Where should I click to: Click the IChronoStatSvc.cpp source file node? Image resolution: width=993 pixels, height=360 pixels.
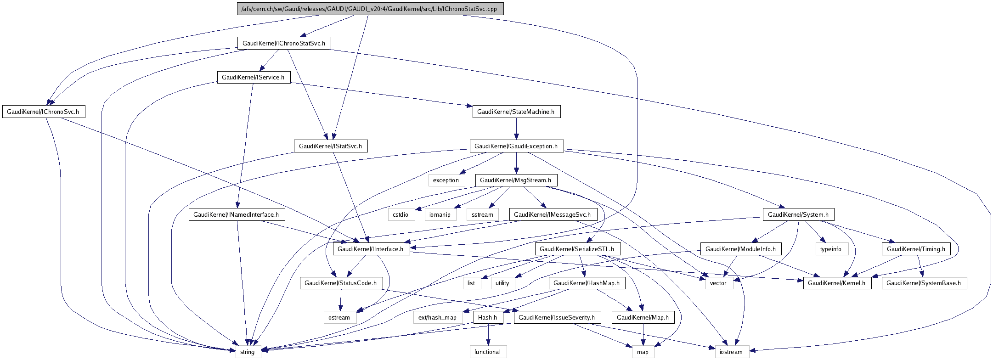[x=370, y=9]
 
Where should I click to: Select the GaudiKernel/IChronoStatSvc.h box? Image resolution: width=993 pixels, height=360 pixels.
[x=283, y=43]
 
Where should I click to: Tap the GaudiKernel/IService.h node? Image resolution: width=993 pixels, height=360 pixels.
[x=253, y=77]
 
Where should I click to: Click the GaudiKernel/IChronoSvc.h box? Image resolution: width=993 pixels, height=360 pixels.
[x=43, y=112]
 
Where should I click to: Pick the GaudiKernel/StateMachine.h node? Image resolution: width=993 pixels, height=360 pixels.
[x=516, y=112]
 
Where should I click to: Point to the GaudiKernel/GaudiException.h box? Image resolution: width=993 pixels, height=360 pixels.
[x=516, y=146]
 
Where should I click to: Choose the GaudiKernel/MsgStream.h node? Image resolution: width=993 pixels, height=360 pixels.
[x=515, y=180]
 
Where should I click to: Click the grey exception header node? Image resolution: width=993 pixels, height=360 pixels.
[x=446, y=180]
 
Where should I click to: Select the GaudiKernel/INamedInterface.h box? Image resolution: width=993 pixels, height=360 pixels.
[x=236, y=214]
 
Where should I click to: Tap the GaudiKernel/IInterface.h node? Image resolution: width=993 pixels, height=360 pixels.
[x=371, y=249]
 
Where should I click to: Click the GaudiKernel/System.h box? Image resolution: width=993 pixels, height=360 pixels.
[x=798, y=214]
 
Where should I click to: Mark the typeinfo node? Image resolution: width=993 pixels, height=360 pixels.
[x=831, y=249]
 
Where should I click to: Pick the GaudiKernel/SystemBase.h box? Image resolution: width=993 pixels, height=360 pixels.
[x=924, y=283]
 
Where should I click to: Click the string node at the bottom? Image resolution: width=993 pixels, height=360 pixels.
[x=248, y=352]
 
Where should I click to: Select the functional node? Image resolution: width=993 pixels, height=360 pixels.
[x=488, y=352]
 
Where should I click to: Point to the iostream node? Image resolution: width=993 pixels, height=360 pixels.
[x=731, y=352]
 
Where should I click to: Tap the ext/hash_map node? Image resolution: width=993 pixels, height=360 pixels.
[x=437, y=317]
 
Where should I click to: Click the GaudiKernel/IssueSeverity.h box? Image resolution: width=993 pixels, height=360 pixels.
[x=557, y=317]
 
